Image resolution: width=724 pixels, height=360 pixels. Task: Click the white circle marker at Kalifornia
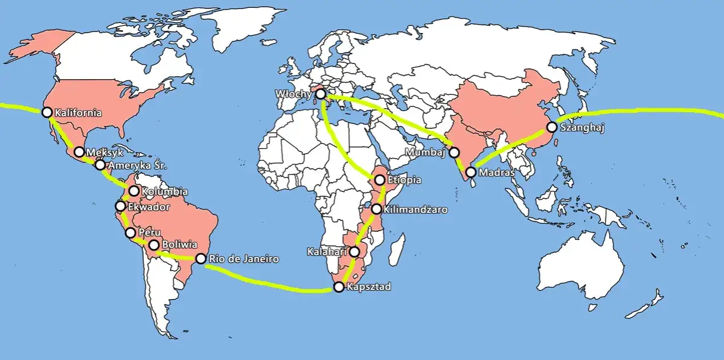tap(46, 112)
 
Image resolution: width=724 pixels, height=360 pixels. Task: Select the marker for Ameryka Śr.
tap(100, 165)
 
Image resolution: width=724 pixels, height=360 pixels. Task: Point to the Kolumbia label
tap(164, 192)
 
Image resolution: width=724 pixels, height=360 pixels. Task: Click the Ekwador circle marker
tap(121, 207)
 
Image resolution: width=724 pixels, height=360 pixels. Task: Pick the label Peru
tap(149, 232)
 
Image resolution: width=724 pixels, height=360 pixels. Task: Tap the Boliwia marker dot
tap(154, 245)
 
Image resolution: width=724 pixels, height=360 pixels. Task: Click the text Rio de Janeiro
tap(243, 259)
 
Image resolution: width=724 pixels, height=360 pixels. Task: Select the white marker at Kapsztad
tap(339, 287)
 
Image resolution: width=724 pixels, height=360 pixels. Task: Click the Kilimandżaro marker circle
tap(377, 210)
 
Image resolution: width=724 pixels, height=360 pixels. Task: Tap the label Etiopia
tap(404, 180)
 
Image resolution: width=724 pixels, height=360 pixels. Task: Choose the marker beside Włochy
tap(321, 94)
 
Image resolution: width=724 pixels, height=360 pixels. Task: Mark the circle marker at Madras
tap(470, 172)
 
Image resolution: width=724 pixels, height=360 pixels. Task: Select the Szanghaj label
tap(583, 128)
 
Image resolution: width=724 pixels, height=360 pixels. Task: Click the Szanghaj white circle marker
tap(551, 127)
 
